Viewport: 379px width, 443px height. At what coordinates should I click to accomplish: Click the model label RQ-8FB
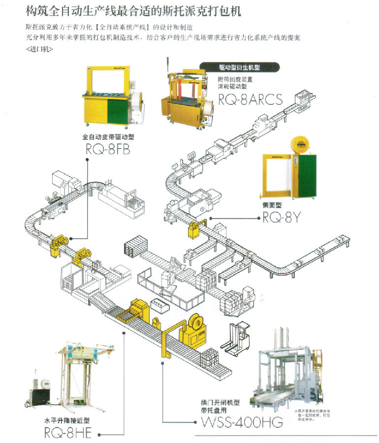[107, 150]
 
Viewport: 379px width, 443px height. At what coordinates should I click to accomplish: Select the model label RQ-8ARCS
[250, 100]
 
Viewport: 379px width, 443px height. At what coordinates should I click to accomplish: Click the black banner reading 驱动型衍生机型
[239, 68]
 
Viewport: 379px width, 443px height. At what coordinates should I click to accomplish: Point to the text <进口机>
[38, 50]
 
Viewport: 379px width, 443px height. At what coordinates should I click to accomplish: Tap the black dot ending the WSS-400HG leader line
[163, 364]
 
